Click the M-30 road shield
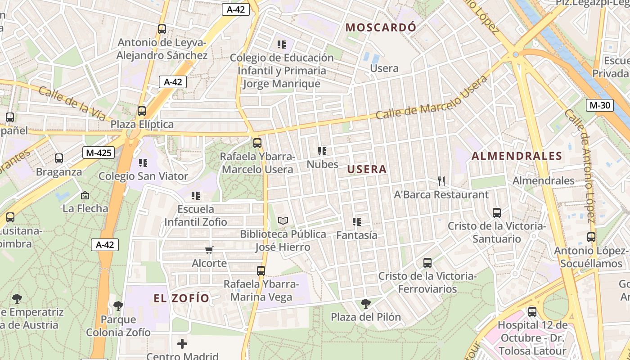pyautogui.click(x=600, y=105)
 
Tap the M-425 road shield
pyautogui.click(x=98, y=153)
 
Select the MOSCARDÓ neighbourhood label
pyautogui.click(x=381, y=27)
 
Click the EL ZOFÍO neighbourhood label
pyautogui.click(x=181, y=298)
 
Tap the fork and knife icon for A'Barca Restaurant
pyautogui.click(x=441, y=181)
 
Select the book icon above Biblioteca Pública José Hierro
pyautogui.click(x=283, y=220)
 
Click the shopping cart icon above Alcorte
pyautogui.click(x=209, y=250)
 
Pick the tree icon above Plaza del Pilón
pyautogui.click(x=366, y=304)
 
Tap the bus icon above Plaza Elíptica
pyautogui.click(x=142, y=111)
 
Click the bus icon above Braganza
pyautogui.click(x=59, y=158)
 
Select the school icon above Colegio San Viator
pyautogui.click(x=143, y=162)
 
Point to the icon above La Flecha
pyautogui.click(x=85, y=195)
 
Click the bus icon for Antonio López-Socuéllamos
pyautogui.click(x=591, y=237)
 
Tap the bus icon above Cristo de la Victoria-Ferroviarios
pyautogui.click(x=427, y=262)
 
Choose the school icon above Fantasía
pyautogui.click(x=357, y=221)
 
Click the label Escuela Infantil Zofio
pyautogui.click(x=196, y=216)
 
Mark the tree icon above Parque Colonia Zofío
pyautogui.click(x=118, y=306)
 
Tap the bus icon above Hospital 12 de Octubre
pyautogui.click(x=532, y=311)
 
